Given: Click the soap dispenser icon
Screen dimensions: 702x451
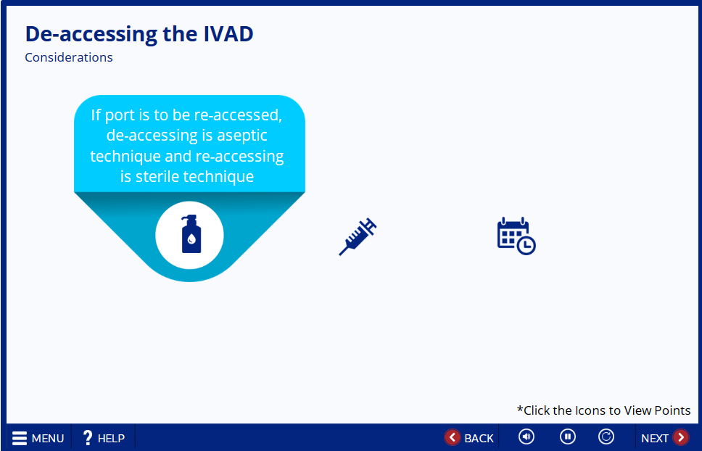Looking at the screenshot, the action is [x=191, y=234].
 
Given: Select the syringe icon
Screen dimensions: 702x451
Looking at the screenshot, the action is [x=358, y=236].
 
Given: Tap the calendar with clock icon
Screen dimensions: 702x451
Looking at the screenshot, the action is [x=516, y=236].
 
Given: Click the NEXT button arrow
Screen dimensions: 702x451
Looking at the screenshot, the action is [x=680, y=437].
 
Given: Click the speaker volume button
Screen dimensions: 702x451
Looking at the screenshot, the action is [x=526, y=436].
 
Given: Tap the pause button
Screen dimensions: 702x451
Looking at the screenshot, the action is [x=567, y=436].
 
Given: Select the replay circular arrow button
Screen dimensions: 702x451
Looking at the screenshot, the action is [x=606, y=436].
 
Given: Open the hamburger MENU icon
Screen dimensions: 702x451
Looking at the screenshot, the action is [x=20, y=438].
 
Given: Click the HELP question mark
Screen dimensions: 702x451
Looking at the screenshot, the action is [x=88, y=437].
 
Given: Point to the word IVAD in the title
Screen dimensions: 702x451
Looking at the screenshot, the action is [x=228, y=34].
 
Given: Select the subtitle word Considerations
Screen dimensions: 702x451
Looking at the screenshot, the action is [x=69, y=57].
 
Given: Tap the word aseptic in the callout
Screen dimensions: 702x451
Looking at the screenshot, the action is [x=242, y=136].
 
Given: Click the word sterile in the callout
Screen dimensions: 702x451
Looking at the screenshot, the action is [x=157, y=176].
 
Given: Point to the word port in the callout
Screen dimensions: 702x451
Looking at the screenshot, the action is [x=119, y=116].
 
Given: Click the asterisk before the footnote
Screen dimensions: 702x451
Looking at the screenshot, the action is [x=520, y=408].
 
